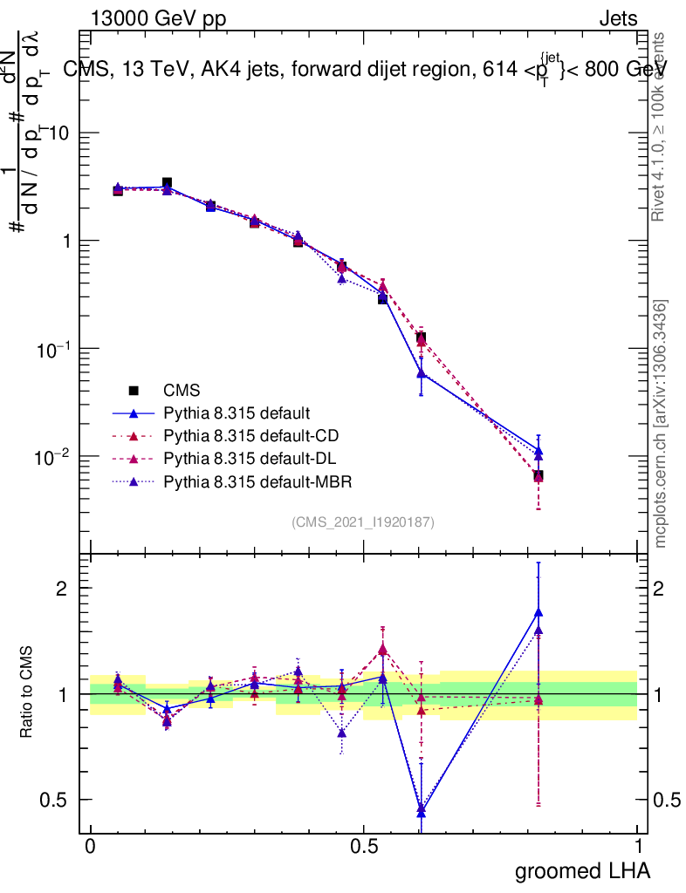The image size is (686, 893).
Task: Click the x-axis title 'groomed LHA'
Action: tap(582, 870)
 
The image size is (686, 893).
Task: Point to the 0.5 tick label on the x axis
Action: tap(363, 846)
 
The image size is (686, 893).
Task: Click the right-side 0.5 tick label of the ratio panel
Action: tap(668, 800)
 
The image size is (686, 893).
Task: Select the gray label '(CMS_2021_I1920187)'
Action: tap(363, 521)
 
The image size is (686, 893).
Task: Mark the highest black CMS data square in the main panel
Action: tap(167, 183)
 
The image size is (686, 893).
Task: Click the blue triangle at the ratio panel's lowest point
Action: tap(421, 811)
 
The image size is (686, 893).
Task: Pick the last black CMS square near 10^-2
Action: tap(539, 475)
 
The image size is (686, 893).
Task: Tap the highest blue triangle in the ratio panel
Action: tap(539, 612)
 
